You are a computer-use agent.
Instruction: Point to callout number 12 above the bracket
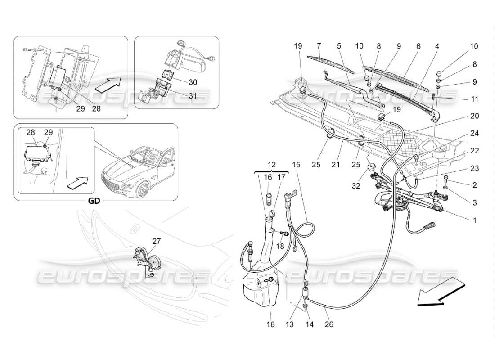coord(270,165)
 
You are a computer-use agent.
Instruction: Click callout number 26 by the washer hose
coord(329,324)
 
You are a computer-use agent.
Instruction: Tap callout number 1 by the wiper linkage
coord(475,221)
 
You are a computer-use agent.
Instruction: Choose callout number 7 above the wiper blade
coord(319,46)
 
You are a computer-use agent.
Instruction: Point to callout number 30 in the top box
coord(180,82)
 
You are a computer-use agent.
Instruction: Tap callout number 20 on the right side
coord(475,116)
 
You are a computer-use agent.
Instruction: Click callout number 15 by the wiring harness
coord(296,165)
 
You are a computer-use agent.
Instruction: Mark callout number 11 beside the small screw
coord(475,99)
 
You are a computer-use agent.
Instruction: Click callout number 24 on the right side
coord(475,133)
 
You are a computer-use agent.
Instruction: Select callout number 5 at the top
coord(339,46)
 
